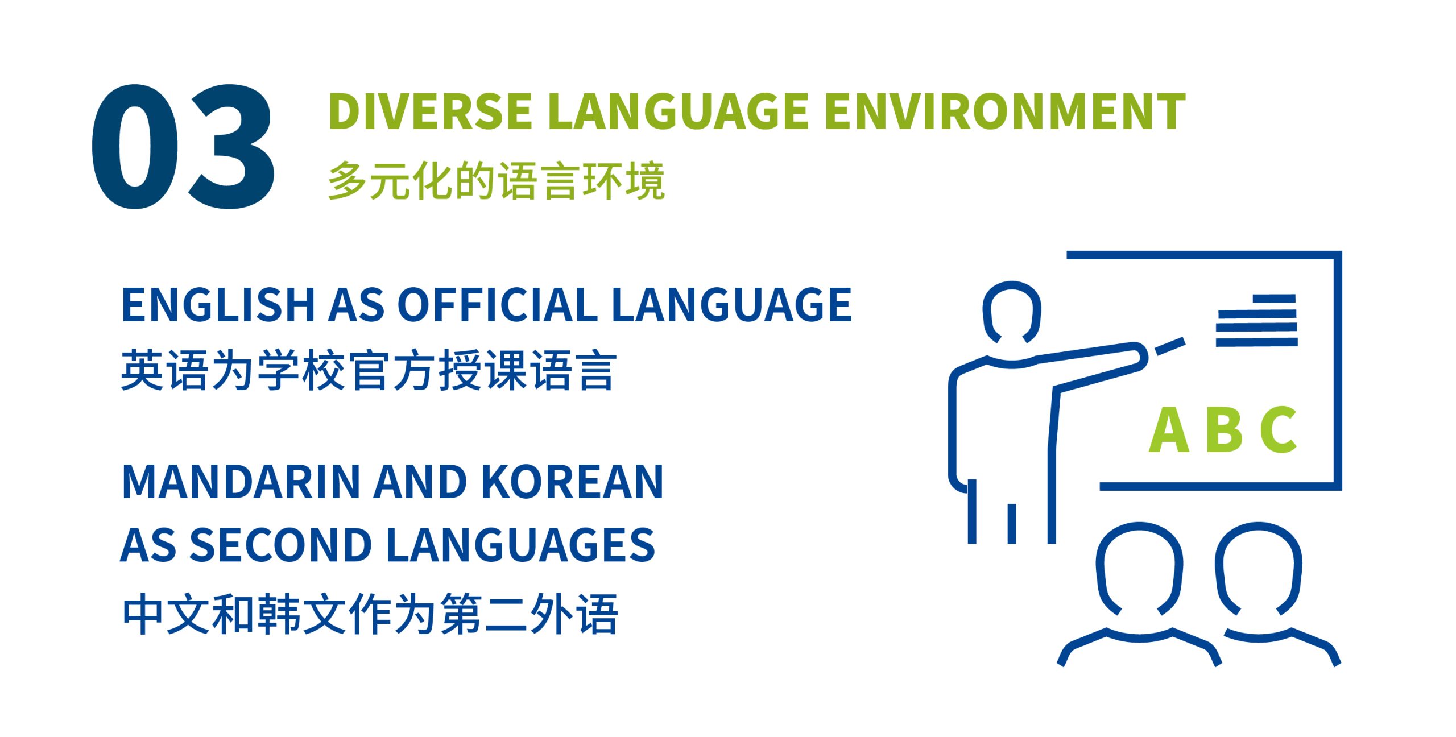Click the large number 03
point(183,146)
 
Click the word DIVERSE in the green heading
point(430,111)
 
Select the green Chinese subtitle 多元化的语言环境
point(497,180)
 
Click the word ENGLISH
point(218,305)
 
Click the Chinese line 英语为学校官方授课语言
point(369,370)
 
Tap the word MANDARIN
point(242,482)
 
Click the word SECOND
point(280,545)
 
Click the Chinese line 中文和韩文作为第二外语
point(370,614)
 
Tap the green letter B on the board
point(1227,430)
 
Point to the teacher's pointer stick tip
point(1184,341)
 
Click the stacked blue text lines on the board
point(1257,320)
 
